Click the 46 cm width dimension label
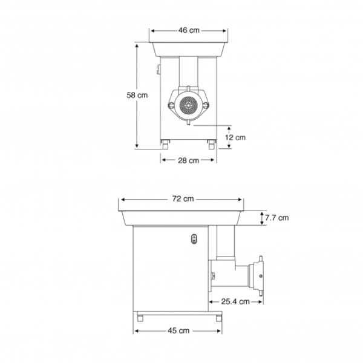click(x=190, y=30)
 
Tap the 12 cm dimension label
click(x=236, y=138)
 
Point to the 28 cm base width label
click(x=189, y=160)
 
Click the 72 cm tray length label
click(x=183, y=198)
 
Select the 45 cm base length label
click(x=179, y=330)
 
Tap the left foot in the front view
click(x=165, y=143)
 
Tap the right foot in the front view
click(x=212, y=143)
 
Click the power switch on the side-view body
click(x=194, y=238)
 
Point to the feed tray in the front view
click(x=189, y=48)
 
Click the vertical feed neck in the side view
click(x=225, y=242)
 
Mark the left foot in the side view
click(x=140, y=316)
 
